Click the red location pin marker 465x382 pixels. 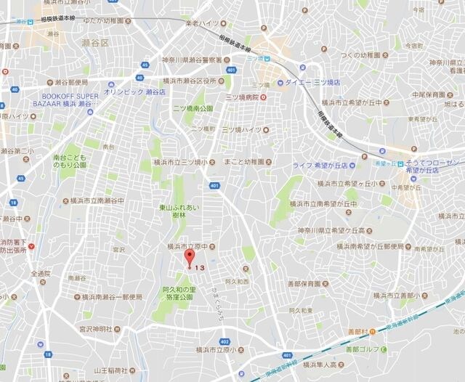(190, 259)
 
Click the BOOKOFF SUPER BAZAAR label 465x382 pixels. (71, 99)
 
